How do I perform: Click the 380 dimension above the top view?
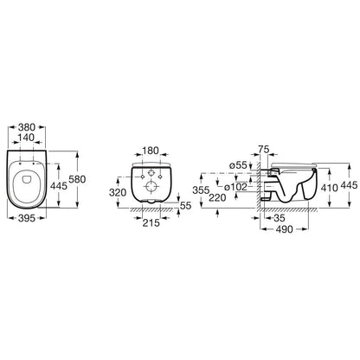[27, 127]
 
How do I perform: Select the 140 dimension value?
[27, 138]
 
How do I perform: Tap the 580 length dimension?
[77, 179]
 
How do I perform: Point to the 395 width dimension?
[27, 218]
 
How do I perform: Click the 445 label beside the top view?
[59, 186]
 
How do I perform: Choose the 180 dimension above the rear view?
[151, 151]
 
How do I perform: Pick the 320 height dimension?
[118, 192]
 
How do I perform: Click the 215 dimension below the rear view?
[151, 222]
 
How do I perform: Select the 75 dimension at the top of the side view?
[264, 150]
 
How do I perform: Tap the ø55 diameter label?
[238, 165]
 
